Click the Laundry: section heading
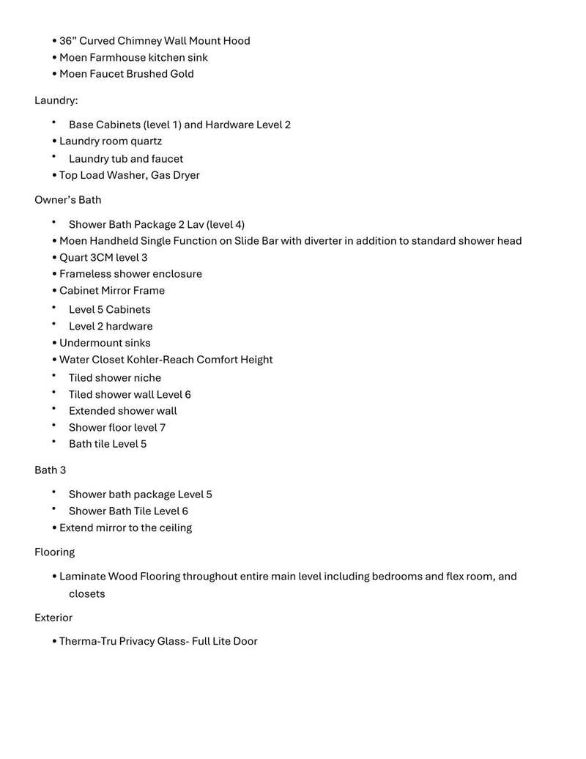(56, 100)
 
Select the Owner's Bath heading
(67, 200)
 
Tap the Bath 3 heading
(50, 470)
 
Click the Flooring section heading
(54, 552)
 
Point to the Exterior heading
(53, 618)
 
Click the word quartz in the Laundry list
(146, 141)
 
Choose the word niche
(147, 378)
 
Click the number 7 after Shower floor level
(163, 427)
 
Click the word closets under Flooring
(86, 593)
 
